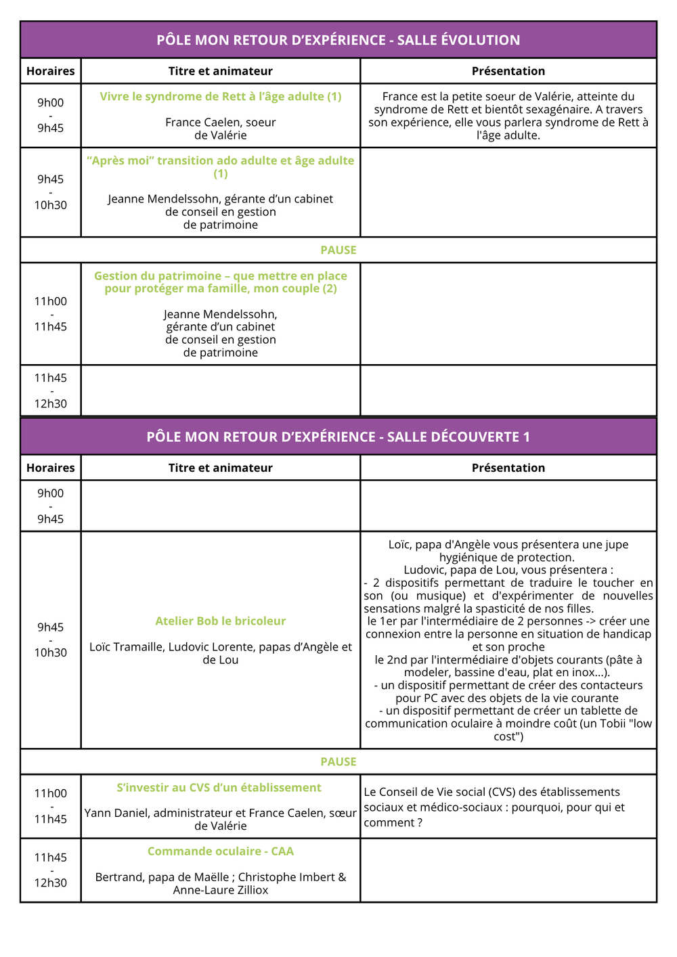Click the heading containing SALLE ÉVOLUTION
pyautogui.click(x=338, y=40)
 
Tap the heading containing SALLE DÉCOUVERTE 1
pyautogui.click(x=338, y=437)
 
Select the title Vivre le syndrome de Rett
pyautogui.click(x=221, y=96)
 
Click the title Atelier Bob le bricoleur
pyautogui.click(x=221, y=621)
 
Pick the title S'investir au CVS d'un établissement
pyautogui.click(x=219, y=787)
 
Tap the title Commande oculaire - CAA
pyautogui.click(x=221, y=851)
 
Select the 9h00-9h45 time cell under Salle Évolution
pyautogui.click(x=51, y=115)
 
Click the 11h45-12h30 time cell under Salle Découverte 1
pyautogui.click(x=51, y=870)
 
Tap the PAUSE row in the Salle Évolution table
pyautogui.click(x=338, y=250)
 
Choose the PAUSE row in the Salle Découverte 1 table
pyautogui.click(x=338, y=761)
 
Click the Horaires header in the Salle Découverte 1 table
pyautogui.click(x=51, y=468)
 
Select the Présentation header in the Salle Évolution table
pyautogui.click(x=508, y=71)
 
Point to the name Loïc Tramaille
pyautogui.click(x=126, y=647)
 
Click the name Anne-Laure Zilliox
pyautogui.click(x=221, y=890)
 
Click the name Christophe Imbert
pyautogui.click(x=285, y=877)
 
